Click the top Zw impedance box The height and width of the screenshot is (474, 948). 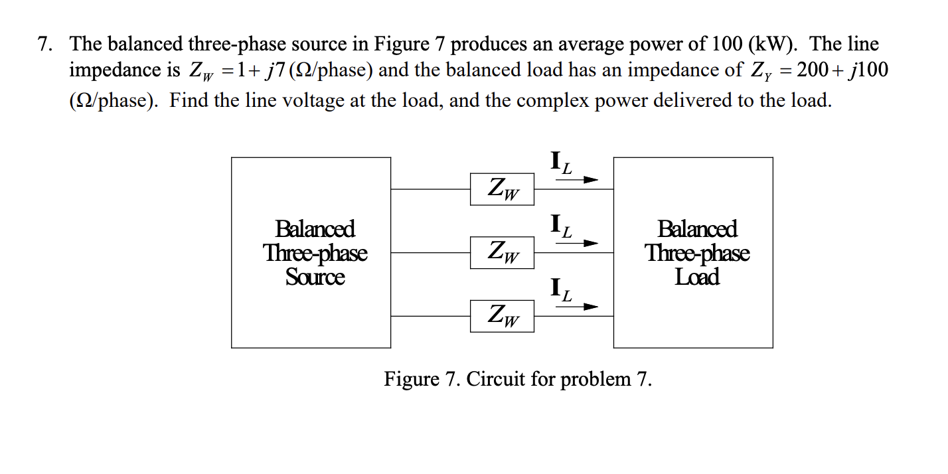[x=502, y=189]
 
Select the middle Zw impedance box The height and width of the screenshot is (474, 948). [x=502, y=252]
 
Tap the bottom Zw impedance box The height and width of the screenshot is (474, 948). [x=502, y=316]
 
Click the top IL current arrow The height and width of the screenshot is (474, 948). [x=576, y=179]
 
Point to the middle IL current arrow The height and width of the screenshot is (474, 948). [x=576, y=244]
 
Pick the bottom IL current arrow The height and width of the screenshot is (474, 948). [x=576, y=307]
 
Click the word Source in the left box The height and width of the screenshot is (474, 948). [x=315, y=277]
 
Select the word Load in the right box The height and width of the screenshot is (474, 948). [x=697, y=277]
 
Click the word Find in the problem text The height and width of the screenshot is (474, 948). [x=187, y=100]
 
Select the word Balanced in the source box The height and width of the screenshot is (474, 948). [x=315, y=229]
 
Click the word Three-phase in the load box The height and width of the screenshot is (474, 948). [x=697, y=253]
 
